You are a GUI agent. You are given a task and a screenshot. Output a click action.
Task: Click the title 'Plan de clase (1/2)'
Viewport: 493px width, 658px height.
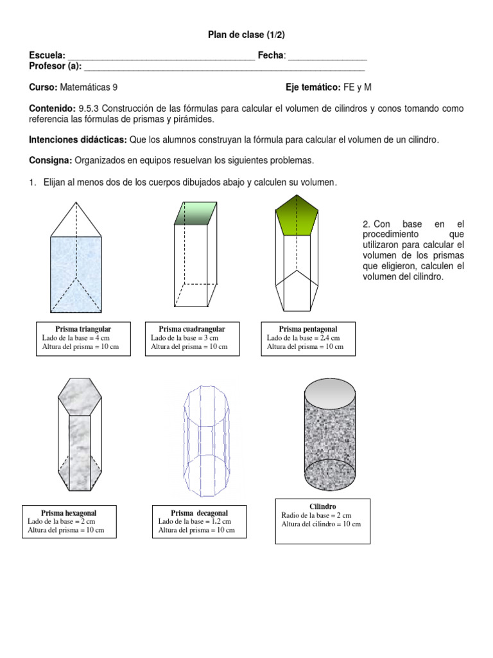[x=246, y=35]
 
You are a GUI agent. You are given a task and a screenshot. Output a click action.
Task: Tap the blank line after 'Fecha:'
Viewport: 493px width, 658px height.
[x=328, y=57]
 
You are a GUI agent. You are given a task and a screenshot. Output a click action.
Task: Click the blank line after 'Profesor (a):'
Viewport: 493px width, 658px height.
[x=224, y=67]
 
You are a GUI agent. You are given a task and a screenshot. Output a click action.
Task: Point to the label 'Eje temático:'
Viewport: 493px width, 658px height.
[x=313, y=87]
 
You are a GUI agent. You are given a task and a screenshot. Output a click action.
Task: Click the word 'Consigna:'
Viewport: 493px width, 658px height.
[x=51, y=159]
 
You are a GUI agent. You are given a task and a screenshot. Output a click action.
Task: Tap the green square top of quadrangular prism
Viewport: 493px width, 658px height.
[x=197, y=213]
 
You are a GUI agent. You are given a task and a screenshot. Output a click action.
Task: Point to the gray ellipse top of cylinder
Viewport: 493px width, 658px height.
[x=328, y=391]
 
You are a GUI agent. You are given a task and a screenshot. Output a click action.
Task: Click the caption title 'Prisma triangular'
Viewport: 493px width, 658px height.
[x=83, y=329]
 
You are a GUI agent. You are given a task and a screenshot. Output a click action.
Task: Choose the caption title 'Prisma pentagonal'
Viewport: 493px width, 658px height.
[x=307, y=329]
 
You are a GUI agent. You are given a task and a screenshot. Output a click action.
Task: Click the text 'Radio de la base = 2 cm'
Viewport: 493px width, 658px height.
[x=316, y=515]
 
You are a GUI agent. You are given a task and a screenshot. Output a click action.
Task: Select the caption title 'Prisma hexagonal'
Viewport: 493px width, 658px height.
[x=69, y=513]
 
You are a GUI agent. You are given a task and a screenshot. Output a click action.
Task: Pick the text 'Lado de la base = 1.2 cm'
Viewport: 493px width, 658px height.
[x=194, y=522]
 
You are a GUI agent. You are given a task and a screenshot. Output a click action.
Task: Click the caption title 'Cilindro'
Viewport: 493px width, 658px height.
[x=322, y=506]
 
